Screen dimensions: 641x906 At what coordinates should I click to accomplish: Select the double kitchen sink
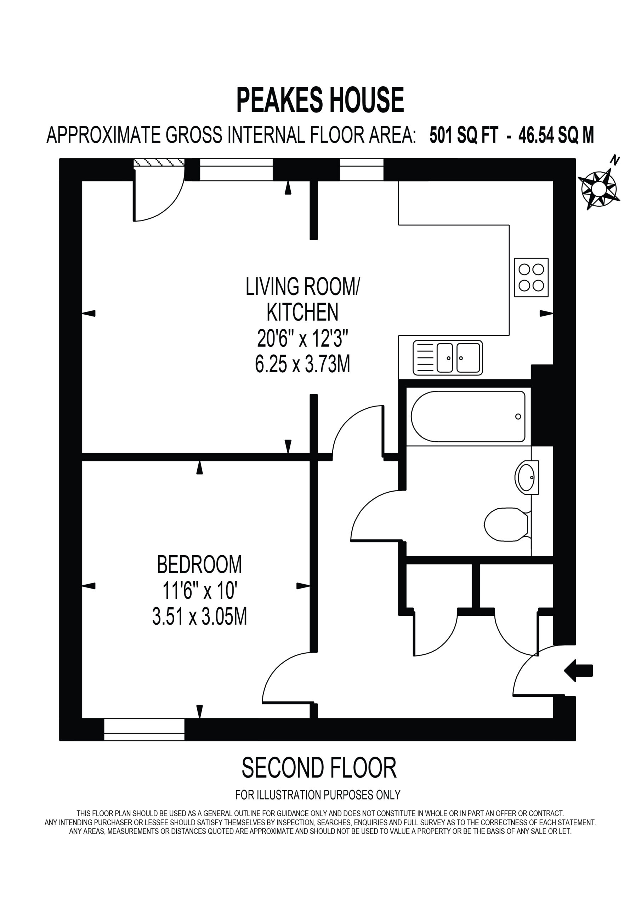pos(448,357)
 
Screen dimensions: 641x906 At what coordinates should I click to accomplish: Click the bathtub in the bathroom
pos(468,417)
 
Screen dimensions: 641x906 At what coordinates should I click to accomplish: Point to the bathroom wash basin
pos(527,477)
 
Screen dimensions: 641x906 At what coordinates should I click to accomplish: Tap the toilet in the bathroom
pos(507,524)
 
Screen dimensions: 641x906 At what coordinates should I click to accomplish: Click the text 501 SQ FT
pos(464,135)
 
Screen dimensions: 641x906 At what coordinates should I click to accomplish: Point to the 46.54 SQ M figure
pos(556,135)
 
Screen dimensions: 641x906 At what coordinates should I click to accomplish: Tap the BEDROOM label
pos(199,565)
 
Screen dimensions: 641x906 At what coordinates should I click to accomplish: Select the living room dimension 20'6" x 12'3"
pos(302,338)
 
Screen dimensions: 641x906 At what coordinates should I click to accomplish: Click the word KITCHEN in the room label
pos(302,312)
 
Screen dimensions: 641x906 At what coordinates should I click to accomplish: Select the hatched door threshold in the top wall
pos(159,162)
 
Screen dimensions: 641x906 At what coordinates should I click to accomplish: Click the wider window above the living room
pos(236,170)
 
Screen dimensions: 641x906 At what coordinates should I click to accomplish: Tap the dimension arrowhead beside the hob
pos(546,313)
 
